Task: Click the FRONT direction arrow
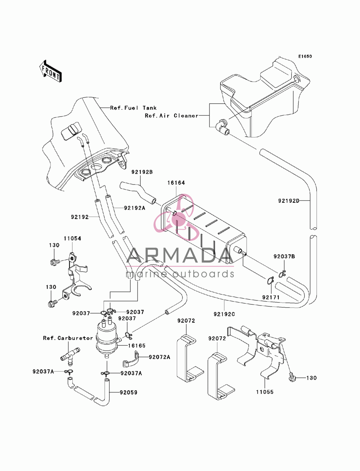point(50,71)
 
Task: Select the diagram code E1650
point(305,56)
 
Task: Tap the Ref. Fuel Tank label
point(133,108)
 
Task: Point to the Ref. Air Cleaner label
point(171,116)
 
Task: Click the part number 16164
point(176,182)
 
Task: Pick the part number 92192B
point(142,172)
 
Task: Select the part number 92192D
point(289,201)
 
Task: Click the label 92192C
point(224,314)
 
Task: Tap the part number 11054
point(72,239)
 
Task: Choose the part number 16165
point(137,345)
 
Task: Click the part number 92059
point(129,392)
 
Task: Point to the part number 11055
point(265,392)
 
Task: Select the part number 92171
point(271,297)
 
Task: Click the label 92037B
point(284,257)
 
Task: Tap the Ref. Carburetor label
point(68,338)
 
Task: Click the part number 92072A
point(159,357)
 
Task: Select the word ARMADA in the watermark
point(180,255)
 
